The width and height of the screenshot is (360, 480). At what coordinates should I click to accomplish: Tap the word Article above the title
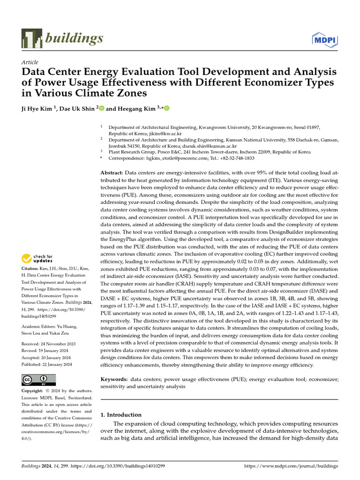pyautogui.click(x=30, y=62)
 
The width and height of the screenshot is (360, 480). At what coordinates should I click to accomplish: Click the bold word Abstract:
pyautogui.click(x=112, y=173)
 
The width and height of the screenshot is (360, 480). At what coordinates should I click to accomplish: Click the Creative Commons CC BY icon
pyautogui.click(x=38, y=380)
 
